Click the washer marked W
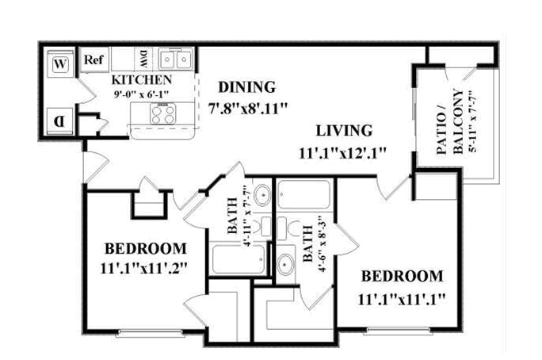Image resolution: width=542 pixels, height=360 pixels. (60, 64)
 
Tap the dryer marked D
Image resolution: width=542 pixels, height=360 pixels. (59, 121)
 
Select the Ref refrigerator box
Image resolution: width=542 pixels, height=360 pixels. (94, 59)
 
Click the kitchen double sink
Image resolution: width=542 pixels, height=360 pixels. (176, 59)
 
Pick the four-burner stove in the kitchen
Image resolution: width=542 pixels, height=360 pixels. (162, 114)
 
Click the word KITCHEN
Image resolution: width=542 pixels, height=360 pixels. (142, 80)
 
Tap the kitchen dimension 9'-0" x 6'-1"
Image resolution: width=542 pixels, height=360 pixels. (141, 94)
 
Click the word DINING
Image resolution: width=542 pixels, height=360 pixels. (247, 86)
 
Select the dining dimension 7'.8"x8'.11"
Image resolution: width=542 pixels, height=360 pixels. (248, 109)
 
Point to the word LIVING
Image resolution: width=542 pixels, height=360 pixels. (344, 131)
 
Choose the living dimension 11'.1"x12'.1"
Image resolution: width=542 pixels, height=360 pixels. (342, 152)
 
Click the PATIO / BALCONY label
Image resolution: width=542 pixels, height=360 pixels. (449, 121)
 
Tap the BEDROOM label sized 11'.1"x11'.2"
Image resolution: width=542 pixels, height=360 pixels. (146, 249)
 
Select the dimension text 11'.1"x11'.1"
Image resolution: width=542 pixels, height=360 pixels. (401, 299)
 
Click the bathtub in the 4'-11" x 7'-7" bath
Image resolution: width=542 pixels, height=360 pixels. (239, 259)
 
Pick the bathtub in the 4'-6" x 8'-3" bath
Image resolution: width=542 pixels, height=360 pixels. (303, 194)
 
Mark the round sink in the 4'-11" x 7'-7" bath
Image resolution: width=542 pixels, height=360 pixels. (262, 195)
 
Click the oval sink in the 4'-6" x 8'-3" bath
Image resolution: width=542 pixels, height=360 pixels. (285, 265)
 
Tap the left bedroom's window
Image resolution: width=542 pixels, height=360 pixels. (151, 333)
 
